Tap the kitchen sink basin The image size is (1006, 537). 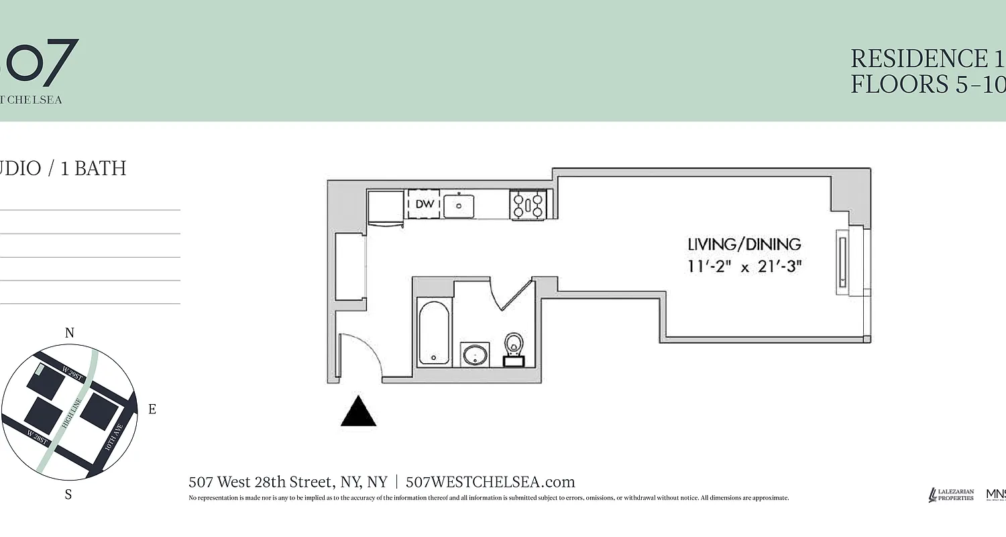[x=459, y=205]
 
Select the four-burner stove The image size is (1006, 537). [x=528, y=205]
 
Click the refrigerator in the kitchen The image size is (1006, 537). [x=386, y=207]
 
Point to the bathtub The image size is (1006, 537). [x=433, y=333]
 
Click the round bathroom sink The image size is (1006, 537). [x=475, y=354]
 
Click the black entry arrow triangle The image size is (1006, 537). [x=359, y=413]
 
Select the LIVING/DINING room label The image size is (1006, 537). [x=744, y=244]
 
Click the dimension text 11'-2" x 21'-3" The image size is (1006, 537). [x=744, y=266]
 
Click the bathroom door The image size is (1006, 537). [x=515, y=295]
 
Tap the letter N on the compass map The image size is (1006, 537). [x=69, y=333]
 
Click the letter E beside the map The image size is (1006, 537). [x=152, y=409]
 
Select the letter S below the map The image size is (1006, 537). [x=68, y=495]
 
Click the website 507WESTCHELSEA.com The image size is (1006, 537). [x=490, y=482]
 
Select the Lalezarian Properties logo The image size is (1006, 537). [x=951, y=495]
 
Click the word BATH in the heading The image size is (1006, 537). [x=100, y=168]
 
